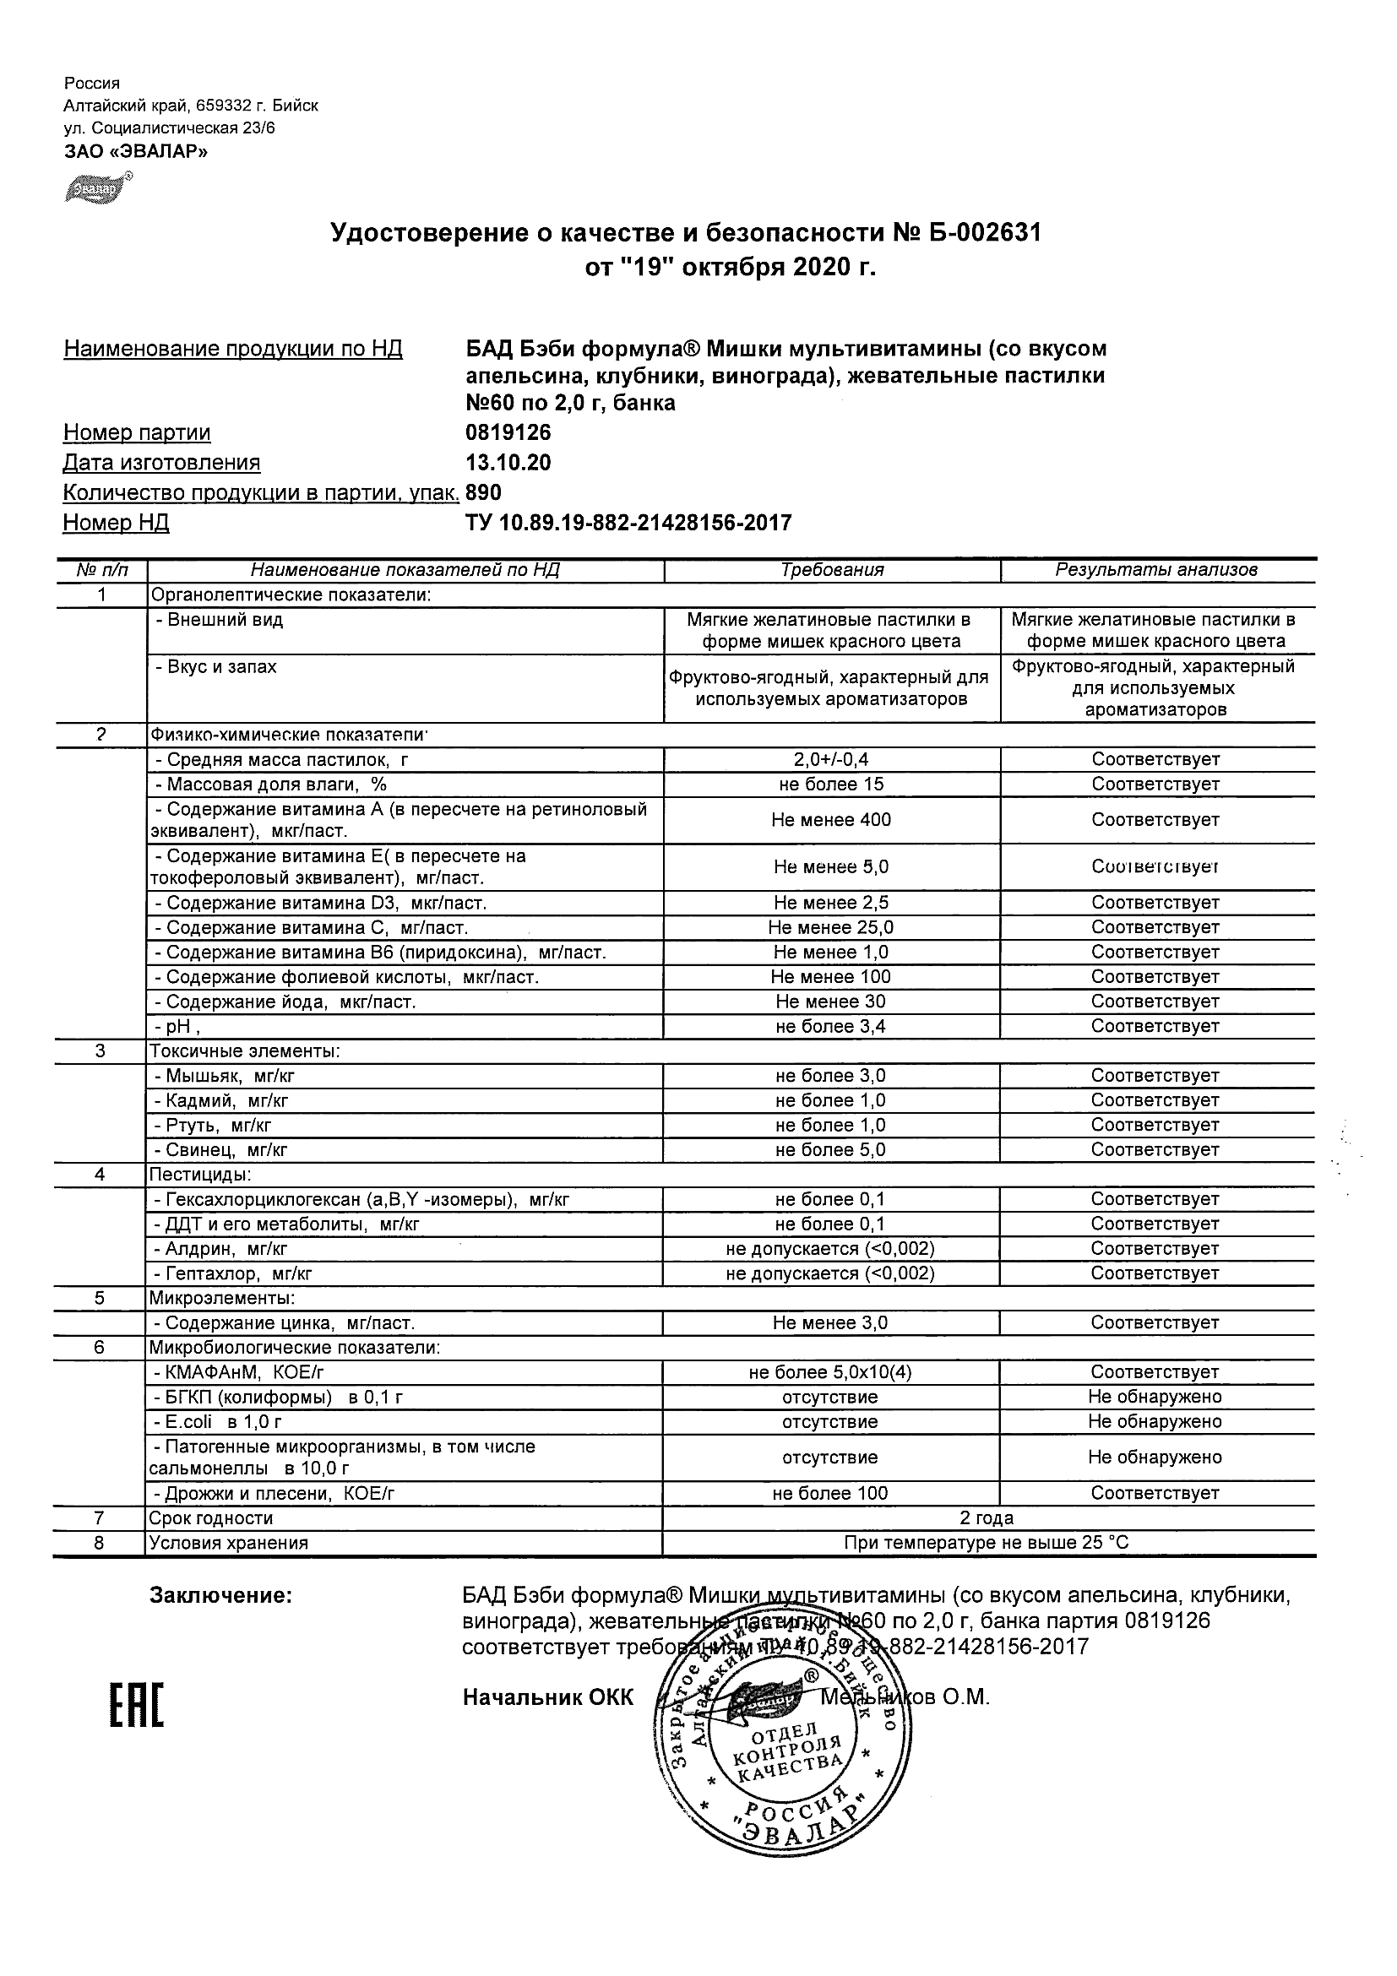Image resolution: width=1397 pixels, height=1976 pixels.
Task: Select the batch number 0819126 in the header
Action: (508, 432)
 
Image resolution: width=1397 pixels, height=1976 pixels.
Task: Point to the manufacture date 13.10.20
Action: (508, 463)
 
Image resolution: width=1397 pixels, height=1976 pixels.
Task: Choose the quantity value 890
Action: (483, 492)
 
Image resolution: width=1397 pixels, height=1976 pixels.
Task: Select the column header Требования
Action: (831, 570)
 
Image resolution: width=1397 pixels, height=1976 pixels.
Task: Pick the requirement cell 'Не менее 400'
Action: (830, 820)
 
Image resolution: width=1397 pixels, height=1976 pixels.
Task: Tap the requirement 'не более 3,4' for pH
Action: (830, 1026)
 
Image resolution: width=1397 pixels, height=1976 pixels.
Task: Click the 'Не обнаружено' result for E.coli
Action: (1155, 1421)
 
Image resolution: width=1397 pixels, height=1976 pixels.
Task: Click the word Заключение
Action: (221, 1596)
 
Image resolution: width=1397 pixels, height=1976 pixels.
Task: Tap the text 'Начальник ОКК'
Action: (547, 1697)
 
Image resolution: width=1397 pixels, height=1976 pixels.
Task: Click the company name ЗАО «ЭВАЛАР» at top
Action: (136, 151)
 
